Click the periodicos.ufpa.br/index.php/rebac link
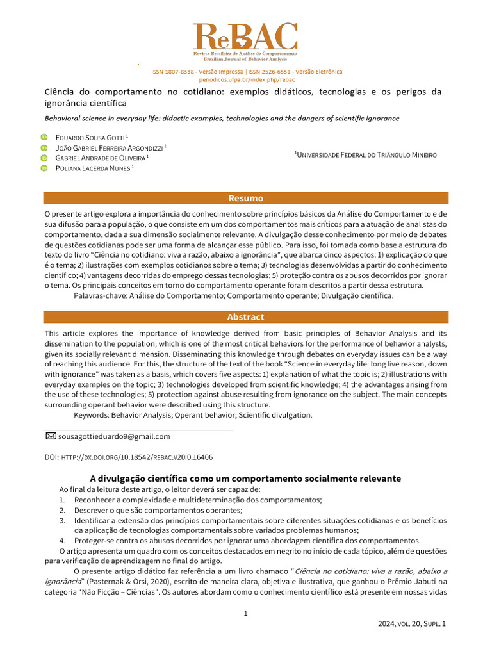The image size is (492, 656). [246, 79]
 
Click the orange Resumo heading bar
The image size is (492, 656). [246, 198]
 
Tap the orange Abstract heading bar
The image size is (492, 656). [246, 317]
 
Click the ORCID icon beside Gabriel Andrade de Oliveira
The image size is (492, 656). [44, 158]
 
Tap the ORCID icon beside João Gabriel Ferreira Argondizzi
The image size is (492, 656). [44, 147]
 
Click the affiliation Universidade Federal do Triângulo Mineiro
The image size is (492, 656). [366, 155]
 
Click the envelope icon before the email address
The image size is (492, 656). [51, 436]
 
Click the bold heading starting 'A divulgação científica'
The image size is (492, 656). [245, 479]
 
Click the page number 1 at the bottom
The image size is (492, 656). [245, 614]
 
